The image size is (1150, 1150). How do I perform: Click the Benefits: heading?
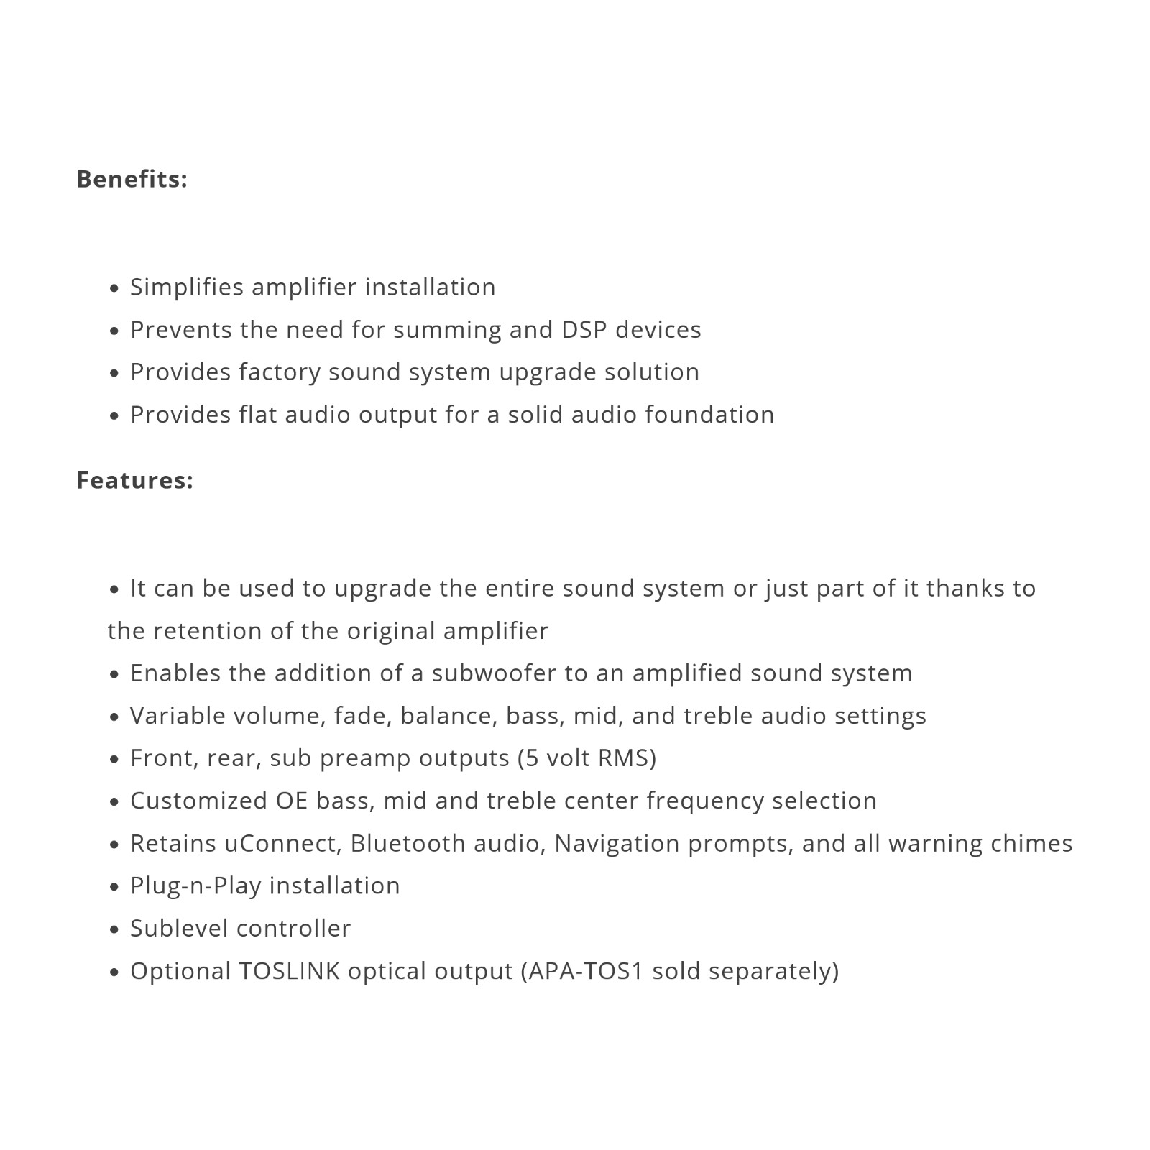pyautogui.click(x=132, y=179)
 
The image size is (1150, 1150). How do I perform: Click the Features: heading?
pyautogui.click(x=134, y=480)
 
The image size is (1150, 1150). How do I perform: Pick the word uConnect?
pyautogui.click(x=282, y=843)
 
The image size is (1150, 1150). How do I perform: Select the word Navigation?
pyautogui.click(x=617, y=843)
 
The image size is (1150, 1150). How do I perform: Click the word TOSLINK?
pyautogui.click(x=289, y=971)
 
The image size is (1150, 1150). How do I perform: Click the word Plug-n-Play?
pyautogui.click(x=195, y=885)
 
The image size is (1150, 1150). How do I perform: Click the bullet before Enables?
pyautogui.click(x=114, y=675)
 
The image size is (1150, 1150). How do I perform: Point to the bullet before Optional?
pyautogui.click(x=114, y=972)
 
